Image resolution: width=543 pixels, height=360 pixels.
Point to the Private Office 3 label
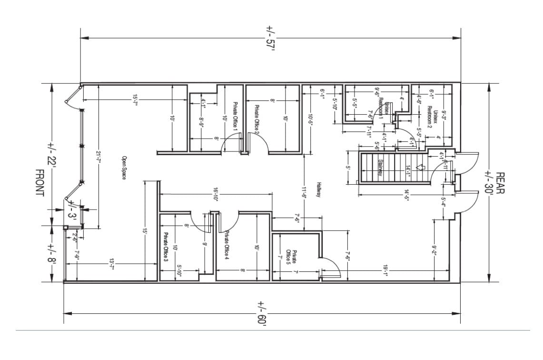166,248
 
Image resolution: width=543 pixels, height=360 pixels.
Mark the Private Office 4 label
227,246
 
